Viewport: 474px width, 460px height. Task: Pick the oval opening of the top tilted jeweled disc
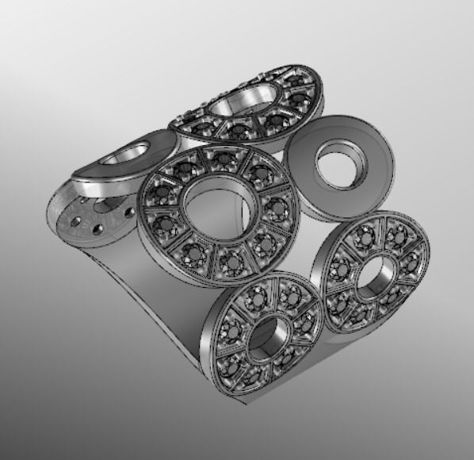point(242,103)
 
